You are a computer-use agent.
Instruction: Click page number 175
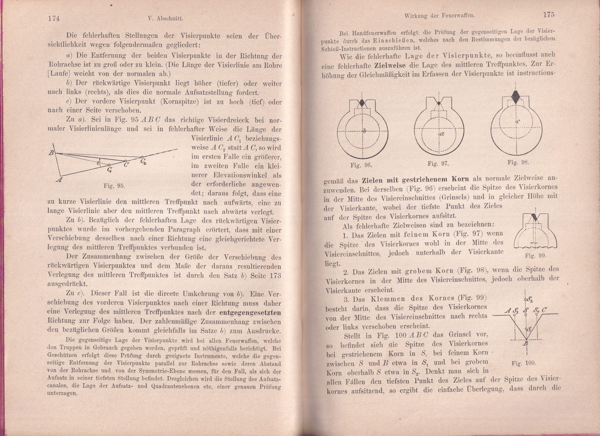point(549,15)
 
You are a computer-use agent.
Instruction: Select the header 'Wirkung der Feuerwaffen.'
point(440,16)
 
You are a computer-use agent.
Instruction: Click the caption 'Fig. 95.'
point(114,186)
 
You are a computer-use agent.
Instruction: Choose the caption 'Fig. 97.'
point(438,164)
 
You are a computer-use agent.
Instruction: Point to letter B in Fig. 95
point(51,153)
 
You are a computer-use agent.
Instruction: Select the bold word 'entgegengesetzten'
point(250,313)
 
